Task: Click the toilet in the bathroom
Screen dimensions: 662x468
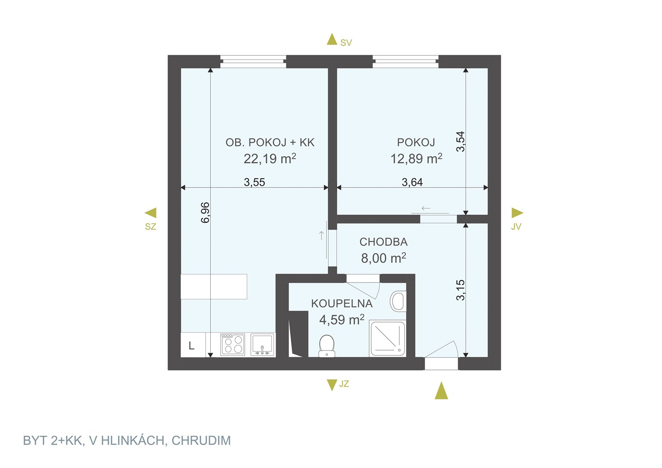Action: pyautogui.click(x=326, y=346)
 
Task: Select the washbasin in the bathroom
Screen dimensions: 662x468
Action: pyautogui.click(x=398, y=301)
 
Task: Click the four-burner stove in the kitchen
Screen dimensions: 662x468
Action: pyautogui.click(x=233, y=344)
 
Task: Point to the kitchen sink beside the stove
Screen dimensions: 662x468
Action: pyautogui.click(x=262, y=344)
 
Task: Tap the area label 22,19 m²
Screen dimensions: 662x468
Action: pyautogui.click(x=270, y=159)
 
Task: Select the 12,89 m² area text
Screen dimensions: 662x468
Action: pyautogui.click(x=416, y=159)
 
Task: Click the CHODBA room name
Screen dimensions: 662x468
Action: pyautogui.click(x=383, y=242)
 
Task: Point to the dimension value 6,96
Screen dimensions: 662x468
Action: pyautogui.click(x=205, y=213)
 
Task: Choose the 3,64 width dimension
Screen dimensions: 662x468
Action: pyautogui.click(x=412, y=182)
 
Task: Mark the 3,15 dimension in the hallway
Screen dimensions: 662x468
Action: pyautogui.click(x=461, y=290)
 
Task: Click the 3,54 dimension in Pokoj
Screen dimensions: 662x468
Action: pyautogui.click(x=461, y=142)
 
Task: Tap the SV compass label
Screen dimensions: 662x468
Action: pyautogui.click(x=346, y=43)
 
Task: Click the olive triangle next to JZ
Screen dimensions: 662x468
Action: pyautogui.click(x=332, y=385)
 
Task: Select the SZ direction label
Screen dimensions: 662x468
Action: pyautogui.click(x=151, y=227)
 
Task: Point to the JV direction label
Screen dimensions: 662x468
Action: pyautogui.click(x=516, y=227)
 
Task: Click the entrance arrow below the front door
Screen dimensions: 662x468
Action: pyautogui.click(x=441, y=390)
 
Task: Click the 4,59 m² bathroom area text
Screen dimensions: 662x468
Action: pyautogui.click(x=342, y=320)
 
